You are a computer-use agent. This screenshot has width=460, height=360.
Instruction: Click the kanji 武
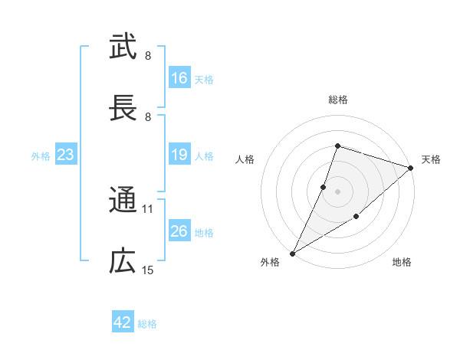123,47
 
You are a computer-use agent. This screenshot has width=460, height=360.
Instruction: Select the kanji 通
123,200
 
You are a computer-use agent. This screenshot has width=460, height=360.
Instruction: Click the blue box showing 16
179,78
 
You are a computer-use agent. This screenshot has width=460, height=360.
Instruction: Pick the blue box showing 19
179,155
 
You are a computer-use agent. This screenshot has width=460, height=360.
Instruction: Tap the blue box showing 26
179,231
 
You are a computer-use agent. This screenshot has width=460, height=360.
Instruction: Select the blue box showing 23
65,155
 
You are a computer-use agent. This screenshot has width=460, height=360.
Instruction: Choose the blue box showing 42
123,322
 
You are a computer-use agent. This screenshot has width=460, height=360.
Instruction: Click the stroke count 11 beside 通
148,208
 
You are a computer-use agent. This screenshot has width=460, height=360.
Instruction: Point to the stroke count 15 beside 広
148,270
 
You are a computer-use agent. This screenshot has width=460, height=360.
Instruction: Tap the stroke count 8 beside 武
148,55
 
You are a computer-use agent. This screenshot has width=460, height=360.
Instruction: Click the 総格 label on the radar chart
337,100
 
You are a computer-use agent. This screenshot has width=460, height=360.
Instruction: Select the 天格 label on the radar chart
431,159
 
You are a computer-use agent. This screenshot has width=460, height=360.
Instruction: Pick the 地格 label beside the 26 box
204,232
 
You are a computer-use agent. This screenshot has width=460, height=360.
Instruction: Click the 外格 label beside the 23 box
41,156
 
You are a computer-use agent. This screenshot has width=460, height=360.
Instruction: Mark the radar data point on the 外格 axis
292,254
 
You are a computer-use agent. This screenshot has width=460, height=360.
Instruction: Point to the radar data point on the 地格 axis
356,218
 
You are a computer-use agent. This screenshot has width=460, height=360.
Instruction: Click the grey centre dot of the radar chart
337,191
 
